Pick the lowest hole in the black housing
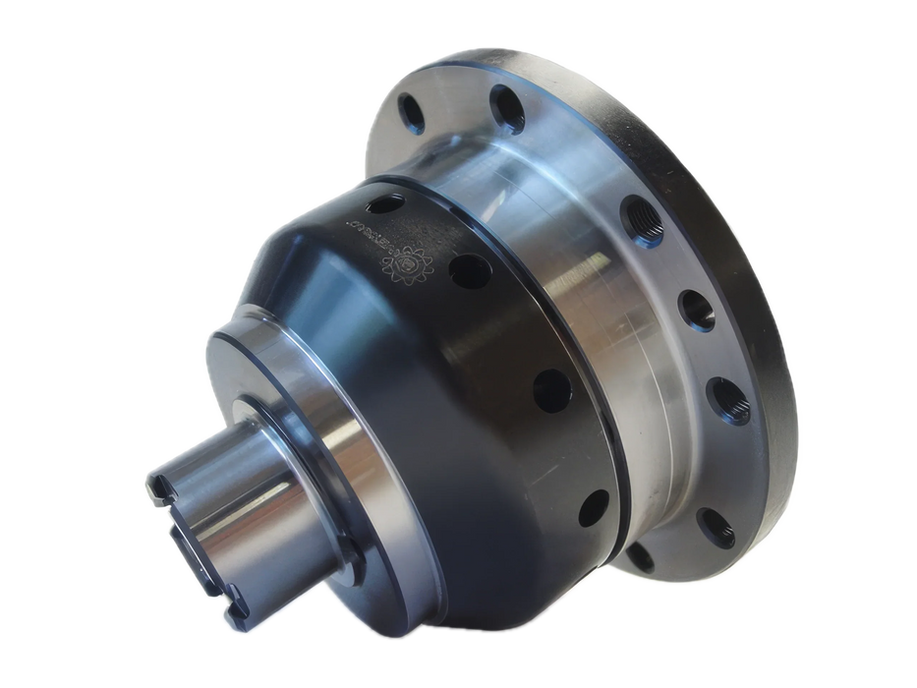pos(593,508)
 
